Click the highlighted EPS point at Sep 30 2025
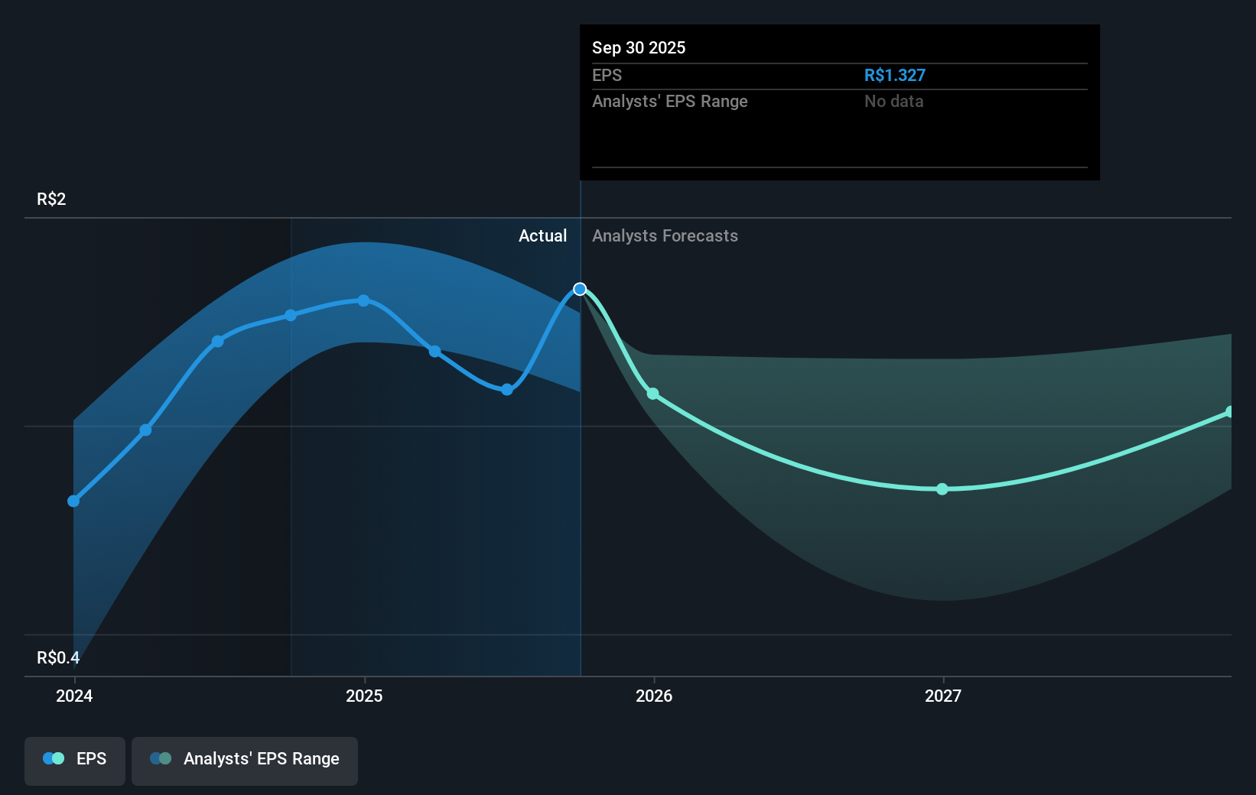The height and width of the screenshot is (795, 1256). tap(580, 289)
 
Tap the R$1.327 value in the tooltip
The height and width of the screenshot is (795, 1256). tap(894, 75)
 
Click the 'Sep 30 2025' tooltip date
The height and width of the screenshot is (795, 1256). tap(639, 47)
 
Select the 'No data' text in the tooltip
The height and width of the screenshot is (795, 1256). tap(893, 101)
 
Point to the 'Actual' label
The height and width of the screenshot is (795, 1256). tap(542, 235)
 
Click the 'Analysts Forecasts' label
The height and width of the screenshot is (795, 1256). tap(665, 235)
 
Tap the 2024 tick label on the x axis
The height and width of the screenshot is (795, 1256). tap(74, 696)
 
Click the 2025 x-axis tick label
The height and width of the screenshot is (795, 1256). tap(364, 696)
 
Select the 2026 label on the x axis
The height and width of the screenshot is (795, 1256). tap(654, 696)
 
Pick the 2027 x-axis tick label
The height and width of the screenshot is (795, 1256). tap(943, 696)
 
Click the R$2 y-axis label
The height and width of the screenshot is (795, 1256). tap(51, 199)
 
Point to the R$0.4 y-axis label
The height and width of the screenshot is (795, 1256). tap(58, 657)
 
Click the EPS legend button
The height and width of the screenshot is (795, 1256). tap(75, 760)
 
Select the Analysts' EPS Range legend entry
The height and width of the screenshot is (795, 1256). tap(245, 760)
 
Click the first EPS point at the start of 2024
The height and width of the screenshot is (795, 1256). tap(73, 501)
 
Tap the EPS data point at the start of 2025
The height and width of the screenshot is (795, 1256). tap(363, 300)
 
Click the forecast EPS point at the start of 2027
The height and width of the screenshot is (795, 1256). tap(942, 489)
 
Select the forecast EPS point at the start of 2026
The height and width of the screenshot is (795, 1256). tap(652, 394)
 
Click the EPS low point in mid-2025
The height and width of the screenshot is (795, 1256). tap(507, 390)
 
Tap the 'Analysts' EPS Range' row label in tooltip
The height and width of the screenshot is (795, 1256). tap(669, 101)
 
